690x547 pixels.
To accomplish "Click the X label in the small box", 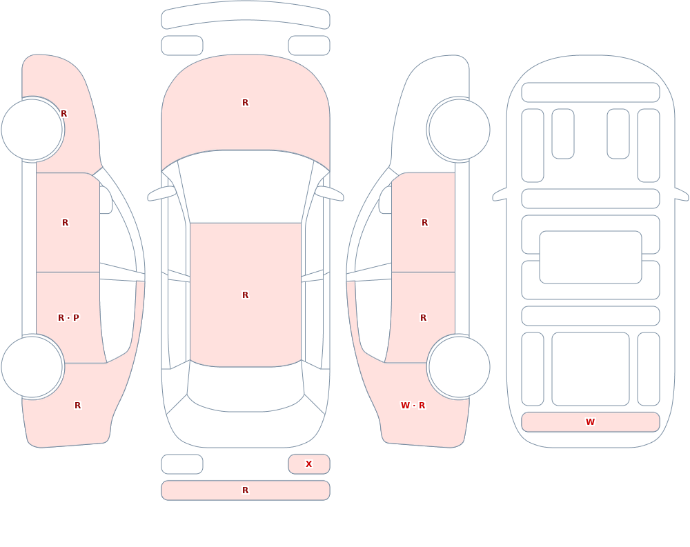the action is tap(309, 464).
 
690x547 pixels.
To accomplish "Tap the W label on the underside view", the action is tap(590, 421).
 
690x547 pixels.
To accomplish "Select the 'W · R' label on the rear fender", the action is tap(413, 406).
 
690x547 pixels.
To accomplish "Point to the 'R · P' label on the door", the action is tap(68, 318).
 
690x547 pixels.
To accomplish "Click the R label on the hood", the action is tap(246, 103).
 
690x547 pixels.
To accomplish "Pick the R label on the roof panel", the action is tap(246, 295).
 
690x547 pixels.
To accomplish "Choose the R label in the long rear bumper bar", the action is tap(246, 490).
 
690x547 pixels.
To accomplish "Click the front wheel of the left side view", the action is tap(32, 130).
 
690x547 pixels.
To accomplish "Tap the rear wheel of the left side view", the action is tap(32, 367).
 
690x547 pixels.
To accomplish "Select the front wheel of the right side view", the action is tap(459, 130).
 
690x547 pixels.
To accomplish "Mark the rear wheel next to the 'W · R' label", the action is tap(459, 367).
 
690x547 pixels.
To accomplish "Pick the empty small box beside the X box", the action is tap(182, 464).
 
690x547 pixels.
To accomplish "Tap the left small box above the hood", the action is tap(182, 46).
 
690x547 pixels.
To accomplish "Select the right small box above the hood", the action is tap(309, 46).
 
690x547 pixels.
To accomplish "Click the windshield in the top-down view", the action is tap(246, 187).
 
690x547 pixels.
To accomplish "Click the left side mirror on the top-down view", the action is tap(161, 193).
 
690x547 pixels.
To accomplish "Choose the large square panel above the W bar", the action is tap(591, 369).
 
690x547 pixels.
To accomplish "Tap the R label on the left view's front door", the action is tap(65, 223).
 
